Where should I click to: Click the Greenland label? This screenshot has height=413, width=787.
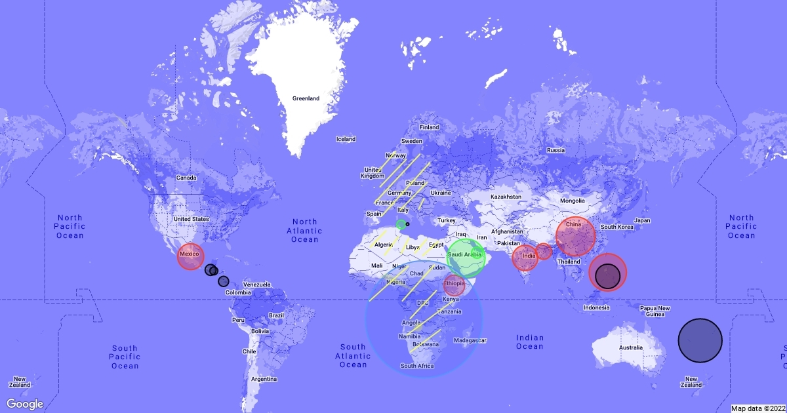coord(306,98)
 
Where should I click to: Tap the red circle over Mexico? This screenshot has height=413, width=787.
coord(190,256)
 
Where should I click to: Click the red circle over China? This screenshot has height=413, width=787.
coord(575,236)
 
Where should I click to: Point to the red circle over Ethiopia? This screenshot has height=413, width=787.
coord(454,285)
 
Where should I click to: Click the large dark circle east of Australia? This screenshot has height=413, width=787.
coord(700,340)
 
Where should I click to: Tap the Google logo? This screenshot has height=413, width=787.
coord(26,404)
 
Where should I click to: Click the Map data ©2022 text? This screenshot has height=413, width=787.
coord(757,408)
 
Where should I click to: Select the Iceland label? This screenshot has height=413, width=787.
coord(346,139)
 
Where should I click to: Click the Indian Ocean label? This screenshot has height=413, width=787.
coord(529,342)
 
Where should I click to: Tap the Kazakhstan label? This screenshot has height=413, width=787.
coord(506,197)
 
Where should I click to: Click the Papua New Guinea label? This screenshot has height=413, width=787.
coord(655,311)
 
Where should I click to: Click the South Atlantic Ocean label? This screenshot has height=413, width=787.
coord(353,355)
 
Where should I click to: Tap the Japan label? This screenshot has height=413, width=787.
coord(642,220)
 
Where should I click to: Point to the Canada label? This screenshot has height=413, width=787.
coord(187,178)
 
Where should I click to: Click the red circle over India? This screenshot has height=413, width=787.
coord(525,258)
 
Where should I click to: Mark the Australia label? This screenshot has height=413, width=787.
coord(631,347)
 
